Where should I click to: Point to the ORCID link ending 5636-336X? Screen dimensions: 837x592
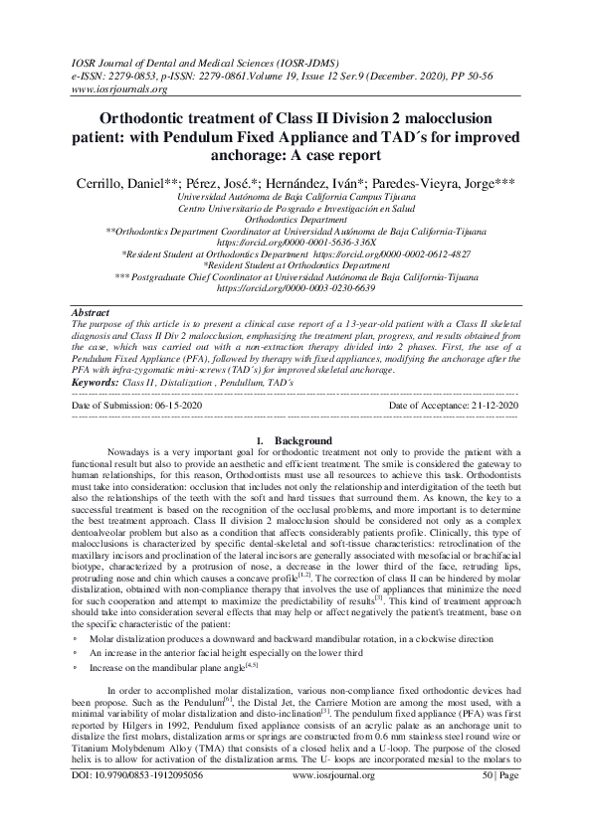click(297, 242)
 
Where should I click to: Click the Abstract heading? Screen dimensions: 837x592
click(94, 311)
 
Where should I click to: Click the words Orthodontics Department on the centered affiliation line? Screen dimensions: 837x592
click(296, 219)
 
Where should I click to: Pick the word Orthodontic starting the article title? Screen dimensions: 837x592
click(162, 118)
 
